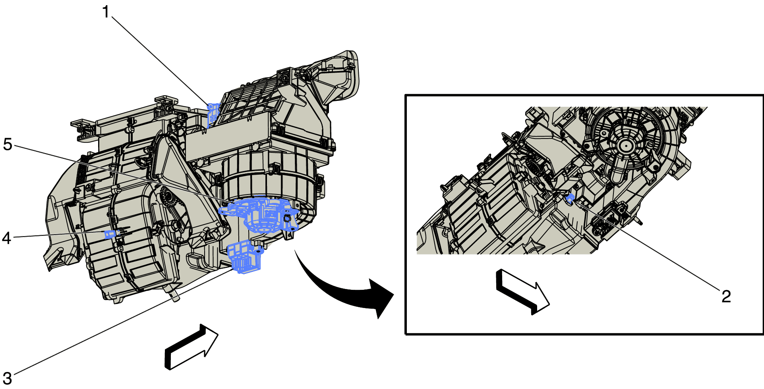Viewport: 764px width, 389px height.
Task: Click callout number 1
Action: [105, 12]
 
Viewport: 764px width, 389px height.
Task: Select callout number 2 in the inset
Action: [726, 296]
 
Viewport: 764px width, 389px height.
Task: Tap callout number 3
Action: [7, 378]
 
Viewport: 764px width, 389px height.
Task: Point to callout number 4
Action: [6, 238]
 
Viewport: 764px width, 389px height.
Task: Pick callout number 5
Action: [8, 144]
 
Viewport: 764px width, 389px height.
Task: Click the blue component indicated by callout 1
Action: [213, 114]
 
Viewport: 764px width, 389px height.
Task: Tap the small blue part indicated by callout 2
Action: [570, 198]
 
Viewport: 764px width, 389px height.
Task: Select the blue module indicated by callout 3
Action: [244, 257]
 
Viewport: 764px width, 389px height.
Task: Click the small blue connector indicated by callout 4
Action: [110, 234]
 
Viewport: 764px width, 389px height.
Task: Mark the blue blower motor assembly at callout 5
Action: [259, 214]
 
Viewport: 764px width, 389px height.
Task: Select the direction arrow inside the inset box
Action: [522, 292]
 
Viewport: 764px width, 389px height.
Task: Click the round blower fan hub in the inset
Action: [626, 146]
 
